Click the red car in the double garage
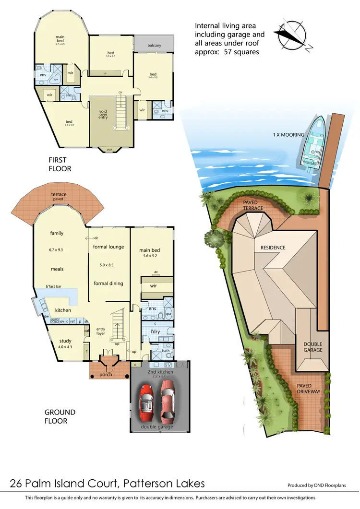coord(147,401)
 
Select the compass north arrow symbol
coord(289,35)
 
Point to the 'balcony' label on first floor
coord(154,45)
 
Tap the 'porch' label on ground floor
coord(106,374)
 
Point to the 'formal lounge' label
coord(108,247)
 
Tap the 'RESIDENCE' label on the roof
coord(273,248)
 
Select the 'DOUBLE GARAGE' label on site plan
coord(313,347)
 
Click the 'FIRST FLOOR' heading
coord(60,164)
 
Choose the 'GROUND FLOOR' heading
coord(60,416)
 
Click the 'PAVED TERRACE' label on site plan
coord(253,205)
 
